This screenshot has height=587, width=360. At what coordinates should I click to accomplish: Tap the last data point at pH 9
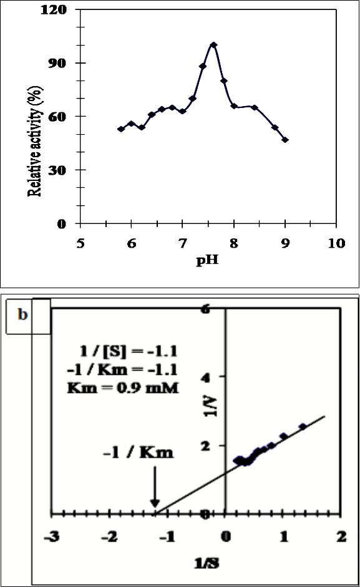tap(285, 140)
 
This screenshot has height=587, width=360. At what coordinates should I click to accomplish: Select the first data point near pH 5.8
tap(120, 129)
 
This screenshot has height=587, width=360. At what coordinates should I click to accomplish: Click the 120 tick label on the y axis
tap(66, 11)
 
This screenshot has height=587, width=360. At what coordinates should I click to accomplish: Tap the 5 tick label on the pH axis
tap(80, 242)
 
